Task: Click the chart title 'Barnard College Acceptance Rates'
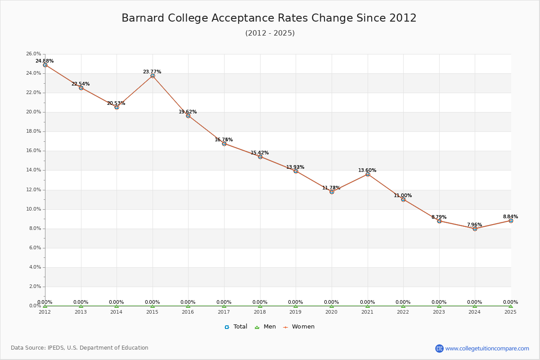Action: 269,18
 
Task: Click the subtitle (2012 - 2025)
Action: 270,33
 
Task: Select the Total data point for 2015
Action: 153,76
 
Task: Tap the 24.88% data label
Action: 45,61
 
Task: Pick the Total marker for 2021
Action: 368,174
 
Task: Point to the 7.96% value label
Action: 474,225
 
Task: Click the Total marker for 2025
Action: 511,220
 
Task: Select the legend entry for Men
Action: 265,327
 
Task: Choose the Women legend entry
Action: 299,327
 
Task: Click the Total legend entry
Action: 236,327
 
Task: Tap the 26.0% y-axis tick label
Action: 34,54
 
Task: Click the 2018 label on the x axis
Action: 260,311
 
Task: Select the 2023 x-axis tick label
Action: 439,311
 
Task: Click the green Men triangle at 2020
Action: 332,306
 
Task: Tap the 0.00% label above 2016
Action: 188,302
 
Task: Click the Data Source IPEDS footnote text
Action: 80,348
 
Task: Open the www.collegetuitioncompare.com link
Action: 487,348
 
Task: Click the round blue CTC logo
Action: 439,348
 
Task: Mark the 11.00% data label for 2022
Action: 403,196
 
